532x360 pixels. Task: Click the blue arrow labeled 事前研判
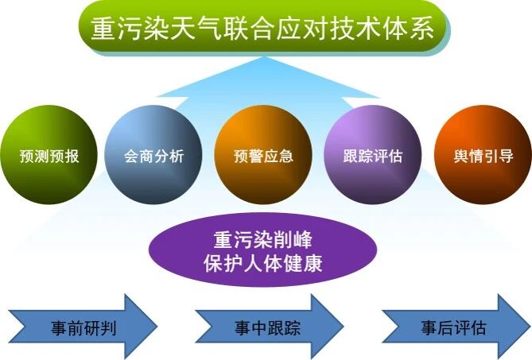pos(80,327)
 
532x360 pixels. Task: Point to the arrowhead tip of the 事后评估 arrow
pos(526,327)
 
